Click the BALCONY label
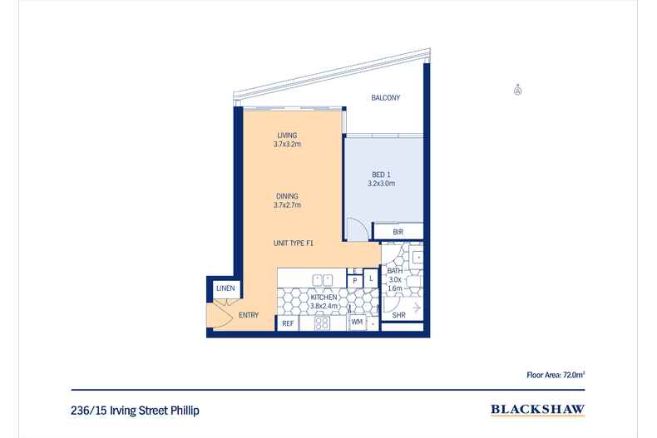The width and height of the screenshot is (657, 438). (x=385, y=98)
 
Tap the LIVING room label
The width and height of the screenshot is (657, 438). (x=287, y=135)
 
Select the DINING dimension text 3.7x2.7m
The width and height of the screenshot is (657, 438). (x=287, y=204)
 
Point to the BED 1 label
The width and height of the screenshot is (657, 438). (x=381, y=175)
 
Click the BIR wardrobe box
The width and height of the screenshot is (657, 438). (x=398, y=232)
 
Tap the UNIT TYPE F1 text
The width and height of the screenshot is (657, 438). (x=293, y=243)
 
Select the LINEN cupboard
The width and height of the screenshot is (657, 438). (x=225, y=288)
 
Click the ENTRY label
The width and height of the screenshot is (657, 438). (x=248, y=315)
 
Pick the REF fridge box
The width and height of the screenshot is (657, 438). (x=288, y=322)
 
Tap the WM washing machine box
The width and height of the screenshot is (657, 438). (x=356, y=322)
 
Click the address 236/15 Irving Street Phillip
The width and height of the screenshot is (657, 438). (x=136, y=410)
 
